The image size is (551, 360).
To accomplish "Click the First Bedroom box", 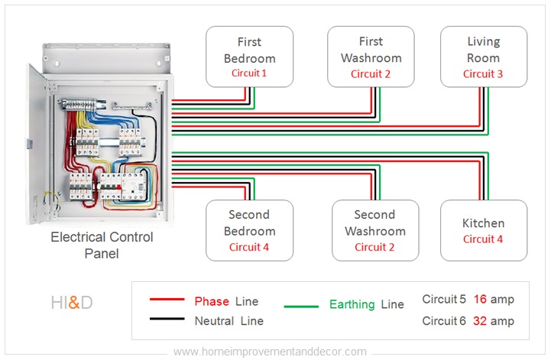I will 249,57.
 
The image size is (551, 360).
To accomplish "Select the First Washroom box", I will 371,57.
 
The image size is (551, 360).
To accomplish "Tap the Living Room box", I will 483,57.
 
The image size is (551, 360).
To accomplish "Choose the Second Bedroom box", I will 249,231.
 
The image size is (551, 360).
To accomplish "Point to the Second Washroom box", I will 375,231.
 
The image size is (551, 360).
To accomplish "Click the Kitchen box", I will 483,231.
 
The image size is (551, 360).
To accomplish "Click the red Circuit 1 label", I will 249,74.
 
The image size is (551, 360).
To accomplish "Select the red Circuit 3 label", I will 483,74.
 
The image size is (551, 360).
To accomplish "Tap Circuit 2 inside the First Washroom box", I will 371,74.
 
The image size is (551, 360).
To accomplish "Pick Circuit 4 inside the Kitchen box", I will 483,239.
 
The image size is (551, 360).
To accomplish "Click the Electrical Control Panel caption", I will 102,245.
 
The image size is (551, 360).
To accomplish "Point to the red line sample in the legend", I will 167,301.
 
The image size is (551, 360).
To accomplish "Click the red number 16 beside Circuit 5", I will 480,300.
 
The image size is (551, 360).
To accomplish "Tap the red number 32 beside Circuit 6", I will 480,321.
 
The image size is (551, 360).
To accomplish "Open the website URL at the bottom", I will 270,352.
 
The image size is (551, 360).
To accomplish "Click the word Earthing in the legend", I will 352,304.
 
